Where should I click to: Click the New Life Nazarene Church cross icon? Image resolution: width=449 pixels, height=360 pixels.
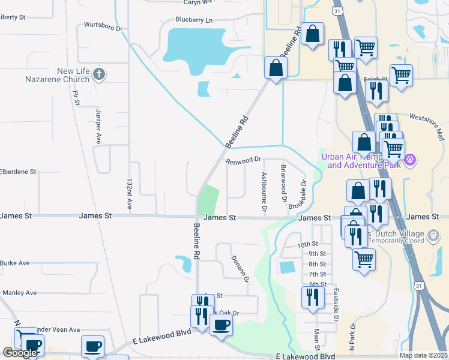point(99,75)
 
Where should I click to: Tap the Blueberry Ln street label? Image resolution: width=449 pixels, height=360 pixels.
point(194,20)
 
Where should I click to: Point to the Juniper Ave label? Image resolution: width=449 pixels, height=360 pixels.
point(98,127)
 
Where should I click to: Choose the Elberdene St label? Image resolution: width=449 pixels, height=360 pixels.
point(18,172)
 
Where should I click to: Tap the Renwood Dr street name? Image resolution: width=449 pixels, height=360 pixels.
point(244,160)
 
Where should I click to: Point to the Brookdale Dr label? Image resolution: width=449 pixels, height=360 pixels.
point(298,196)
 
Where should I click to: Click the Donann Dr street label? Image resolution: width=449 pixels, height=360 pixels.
point(240,268)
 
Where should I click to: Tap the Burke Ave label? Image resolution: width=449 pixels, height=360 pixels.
point(15,263)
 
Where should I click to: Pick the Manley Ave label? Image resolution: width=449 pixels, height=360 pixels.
point(19,293)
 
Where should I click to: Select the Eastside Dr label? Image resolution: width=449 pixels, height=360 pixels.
point(336,305)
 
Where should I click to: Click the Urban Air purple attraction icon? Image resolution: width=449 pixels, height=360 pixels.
point(411,160)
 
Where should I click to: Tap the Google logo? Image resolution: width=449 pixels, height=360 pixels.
point(20,353)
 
